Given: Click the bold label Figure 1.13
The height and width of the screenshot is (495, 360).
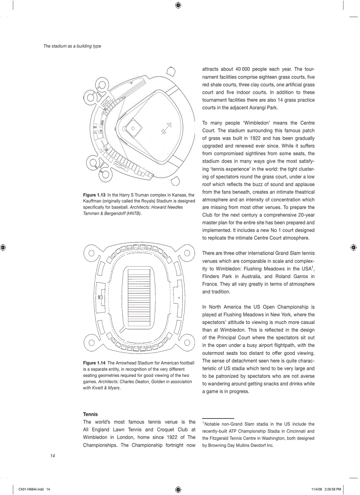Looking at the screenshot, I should pyautogui.click(x=94, y=195).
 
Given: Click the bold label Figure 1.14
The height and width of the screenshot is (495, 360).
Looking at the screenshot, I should pyautogui.click(x=94, y=363).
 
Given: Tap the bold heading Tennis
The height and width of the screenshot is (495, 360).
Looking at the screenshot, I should pyautogui.click(x=90, y=414).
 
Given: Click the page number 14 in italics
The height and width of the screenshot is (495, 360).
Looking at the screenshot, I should pyautogui.click(x=52, y=456).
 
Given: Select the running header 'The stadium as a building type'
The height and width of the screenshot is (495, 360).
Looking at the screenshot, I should pyautogui.click(x=72, y=46).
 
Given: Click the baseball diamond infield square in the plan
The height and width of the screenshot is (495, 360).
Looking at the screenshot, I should pyautogui.click(x=134, y=128).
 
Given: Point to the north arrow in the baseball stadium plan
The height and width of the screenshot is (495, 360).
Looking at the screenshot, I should pyautogui.click(x=165, y=128).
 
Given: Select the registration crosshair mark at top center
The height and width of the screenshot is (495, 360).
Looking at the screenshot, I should pyautogui.click(x=177, y=5).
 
